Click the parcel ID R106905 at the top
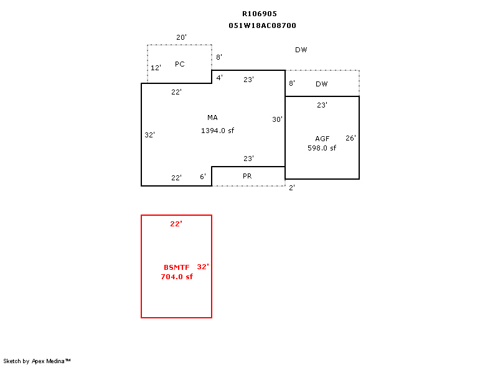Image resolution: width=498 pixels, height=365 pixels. click(260, 14)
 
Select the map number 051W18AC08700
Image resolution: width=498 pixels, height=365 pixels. click(262, 25)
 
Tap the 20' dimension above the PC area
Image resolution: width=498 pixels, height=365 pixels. click(181, 37)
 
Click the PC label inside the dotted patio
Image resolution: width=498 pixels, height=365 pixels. click(180, 64)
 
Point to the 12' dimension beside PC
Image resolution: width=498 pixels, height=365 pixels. click(156, 68)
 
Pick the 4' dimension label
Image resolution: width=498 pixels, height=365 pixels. click(220, 77)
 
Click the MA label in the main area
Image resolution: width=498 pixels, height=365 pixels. click(212, 118)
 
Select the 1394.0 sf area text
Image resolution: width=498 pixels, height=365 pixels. click(217, 131)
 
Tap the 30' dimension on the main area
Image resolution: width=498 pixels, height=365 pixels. click(277, 119)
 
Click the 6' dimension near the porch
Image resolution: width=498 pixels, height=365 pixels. click(203, 177)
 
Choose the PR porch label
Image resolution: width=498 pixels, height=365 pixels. click(247, 176)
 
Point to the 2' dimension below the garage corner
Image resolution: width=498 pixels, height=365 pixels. click(292, 188)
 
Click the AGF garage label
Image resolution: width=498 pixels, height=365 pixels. click(322, 139)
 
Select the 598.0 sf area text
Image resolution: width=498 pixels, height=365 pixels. click(322, 148)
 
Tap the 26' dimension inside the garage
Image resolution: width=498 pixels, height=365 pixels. click(350, 138)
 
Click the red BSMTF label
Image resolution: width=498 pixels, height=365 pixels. click(177, 267)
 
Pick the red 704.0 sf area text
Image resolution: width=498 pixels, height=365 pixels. click(177, 277)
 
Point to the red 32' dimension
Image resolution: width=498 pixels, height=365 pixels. click(203, 267)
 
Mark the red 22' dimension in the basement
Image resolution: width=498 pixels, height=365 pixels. click(176, 224)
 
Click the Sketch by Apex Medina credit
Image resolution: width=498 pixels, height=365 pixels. click(37, 361)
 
